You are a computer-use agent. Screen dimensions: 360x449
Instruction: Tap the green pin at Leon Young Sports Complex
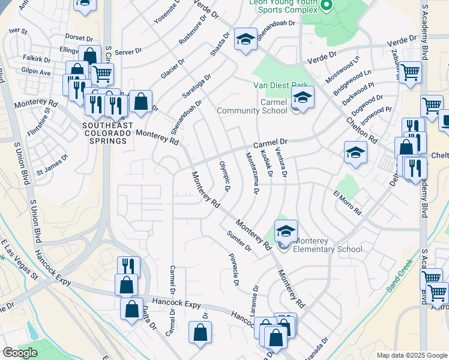click(327, 6)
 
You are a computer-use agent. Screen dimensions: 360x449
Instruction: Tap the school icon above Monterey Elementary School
click(286, 231)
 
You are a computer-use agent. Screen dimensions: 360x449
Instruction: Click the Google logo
click(20, 353)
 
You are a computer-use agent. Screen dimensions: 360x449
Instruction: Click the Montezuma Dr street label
click(252, 173)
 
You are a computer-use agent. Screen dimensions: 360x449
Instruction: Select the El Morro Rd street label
click(348, 203)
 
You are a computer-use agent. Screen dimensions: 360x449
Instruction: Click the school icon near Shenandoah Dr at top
click(246, 40)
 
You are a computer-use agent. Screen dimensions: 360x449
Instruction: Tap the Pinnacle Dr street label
click(234, 269)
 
